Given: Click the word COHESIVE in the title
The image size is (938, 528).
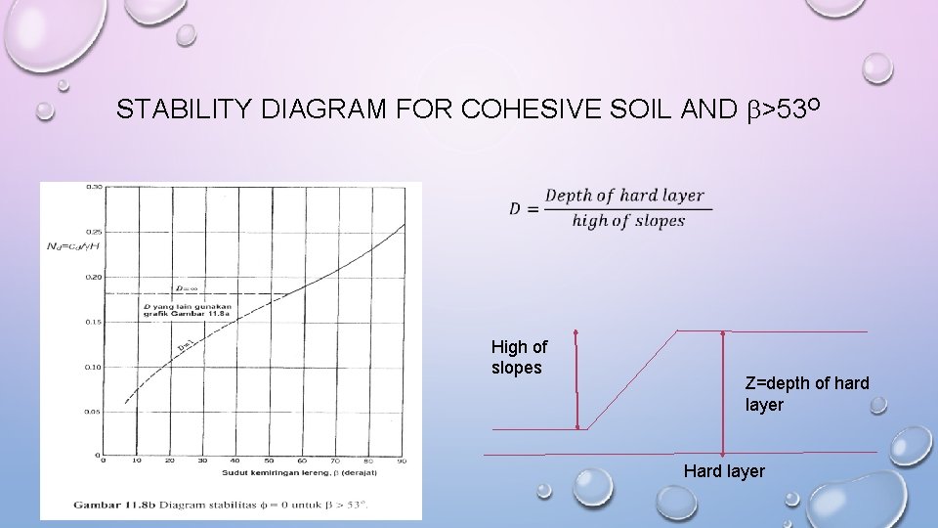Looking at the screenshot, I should tap(519, 109).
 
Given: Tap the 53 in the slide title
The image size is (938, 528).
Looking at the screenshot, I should tap(784, 109).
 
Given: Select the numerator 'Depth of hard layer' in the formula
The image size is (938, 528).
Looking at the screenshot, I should tap(624, 196).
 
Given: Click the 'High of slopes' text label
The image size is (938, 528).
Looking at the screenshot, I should tap(519, 356).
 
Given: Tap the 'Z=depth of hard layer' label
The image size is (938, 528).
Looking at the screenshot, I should tap(806, 393).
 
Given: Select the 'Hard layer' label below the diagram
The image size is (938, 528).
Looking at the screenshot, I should tap(724, 471).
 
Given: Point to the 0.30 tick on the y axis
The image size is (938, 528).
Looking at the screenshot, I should tap(95, 186).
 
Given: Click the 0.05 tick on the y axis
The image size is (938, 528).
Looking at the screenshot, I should tap(95, 412).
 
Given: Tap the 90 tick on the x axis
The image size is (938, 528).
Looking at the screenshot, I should tap(402, 461).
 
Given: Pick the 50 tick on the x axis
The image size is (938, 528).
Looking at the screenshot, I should tap(270, 461).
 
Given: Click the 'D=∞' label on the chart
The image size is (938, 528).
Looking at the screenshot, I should tap(188, 288).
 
